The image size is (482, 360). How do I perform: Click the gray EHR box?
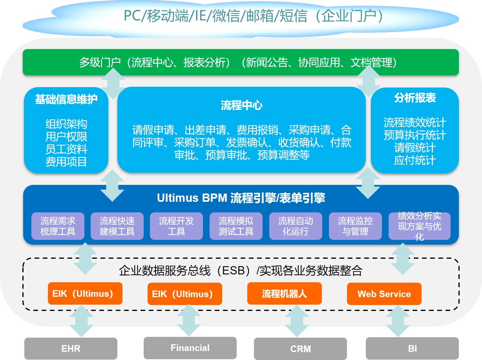pyautogui.click(x=71, y=348)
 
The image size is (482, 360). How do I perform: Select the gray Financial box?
pyautogui.click(x=190, y=348)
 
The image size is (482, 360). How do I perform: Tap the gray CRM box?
pyautogui.click(x=300, y=349)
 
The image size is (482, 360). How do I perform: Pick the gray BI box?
pyautogui.click(x=412, y=348)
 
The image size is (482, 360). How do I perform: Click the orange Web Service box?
pyautogui.click(x=384, y=294)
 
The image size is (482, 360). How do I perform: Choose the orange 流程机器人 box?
pyautogui.click(x=284, y=294)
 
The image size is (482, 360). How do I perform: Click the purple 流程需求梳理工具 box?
pyautogui.click(x=58, y=226)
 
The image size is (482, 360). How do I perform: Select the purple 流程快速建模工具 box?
pyautogui.click(x=117, y=226)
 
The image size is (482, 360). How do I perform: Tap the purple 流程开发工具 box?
pyautogui.click(x=176, y=226)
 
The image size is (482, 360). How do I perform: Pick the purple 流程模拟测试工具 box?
pyautogui.click(x=236, y=226)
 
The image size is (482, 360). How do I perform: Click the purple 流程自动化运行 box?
pyautogui.click(x=296, y=226)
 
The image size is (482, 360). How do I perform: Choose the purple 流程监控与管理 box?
pyautogui.click(x=355, y=226)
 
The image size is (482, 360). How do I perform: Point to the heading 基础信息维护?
pyautogui.click(x=66, y=99)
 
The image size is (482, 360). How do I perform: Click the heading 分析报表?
pyautogui.click(x=415, y=98)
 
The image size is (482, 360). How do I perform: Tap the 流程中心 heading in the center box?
pyautogui.click(x=241, y=105)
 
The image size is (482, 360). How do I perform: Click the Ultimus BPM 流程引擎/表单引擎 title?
pyautogui.click(x=241, y=198)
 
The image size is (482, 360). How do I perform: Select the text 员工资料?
pyautogui.click(x=66, y=149)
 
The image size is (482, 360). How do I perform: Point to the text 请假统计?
pyautogui.click(x=415, y=147)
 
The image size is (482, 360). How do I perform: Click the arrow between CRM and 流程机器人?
pyautogui.click(x=297, y=321)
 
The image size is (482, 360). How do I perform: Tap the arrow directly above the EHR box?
pyautogui.click(x=82, y=321)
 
